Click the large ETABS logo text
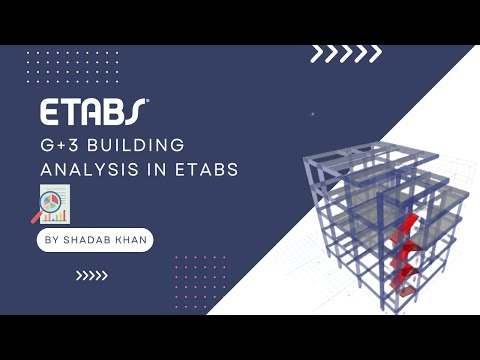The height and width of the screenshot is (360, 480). coord(93,109)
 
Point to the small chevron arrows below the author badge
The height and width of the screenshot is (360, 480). coord(91,277)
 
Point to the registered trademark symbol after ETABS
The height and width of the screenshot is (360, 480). coord(149,100)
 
